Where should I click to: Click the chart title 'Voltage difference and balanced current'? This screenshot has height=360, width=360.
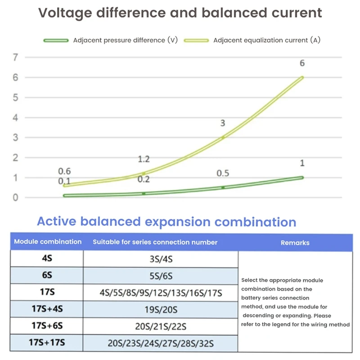click(x=180, y=13)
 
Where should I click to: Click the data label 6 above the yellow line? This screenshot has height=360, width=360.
click(x=302, y=63)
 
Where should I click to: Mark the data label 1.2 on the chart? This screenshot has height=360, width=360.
click(x=144, y=159)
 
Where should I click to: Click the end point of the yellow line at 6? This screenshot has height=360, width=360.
click(x=302, y=77)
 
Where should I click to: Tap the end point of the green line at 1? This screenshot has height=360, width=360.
click(x=302, y=177)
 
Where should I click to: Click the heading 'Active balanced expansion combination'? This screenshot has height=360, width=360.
click(x=166, y=222)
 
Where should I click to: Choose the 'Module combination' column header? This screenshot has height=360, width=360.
click(x=48, y=242)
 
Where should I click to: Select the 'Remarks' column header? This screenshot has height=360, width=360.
click(x=295, y=243)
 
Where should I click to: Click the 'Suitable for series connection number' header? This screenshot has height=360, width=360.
click(x=155, y=243)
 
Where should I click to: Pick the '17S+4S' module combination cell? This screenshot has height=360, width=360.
click(x=47, y=309)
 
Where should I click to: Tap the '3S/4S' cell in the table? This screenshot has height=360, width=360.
click(x=161, y=259)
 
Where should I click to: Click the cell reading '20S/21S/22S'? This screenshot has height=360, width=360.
click(x=161, y=326)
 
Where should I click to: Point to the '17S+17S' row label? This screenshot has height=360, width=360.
click(x=47, y=343)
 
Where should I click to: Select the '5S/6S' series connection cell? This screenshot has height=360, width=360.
click(x=161, y=276)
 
